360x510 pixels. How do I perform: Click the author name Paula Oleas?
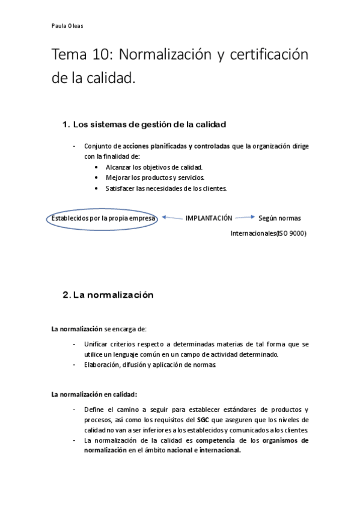tap(67, 26)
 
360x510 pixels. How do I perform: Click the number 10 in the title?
tap(102, 55)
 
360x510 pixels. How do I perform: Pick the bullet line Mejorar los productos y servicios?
tap(156, 178)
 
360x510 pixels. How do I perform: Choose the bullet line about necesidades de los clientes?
tap(166, 189)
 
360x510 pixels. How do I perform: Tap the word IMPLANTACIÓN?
tap(209, 218)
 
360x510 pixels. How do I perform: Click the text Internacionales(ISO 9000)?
tap(268, 234)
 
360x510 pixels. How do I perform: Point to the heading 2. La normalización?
tap(108, 295)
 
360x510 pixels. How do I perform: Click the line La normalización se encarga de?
tap(99, 329)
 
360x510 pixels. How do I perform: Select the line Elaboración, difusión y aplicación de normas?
tap(150, 364)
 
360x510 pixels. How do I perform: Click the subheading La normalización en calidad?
tap(94, 395)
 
